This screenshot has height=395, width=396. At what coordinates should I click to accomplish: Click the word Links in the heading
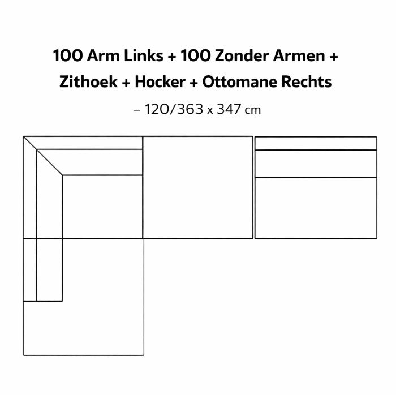pos(144,55)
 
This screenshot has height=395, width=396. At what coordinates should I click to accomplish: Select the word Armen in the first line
pos(299,55)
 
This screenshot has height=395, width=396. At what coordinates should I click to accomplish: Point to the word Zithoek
pos(88,82)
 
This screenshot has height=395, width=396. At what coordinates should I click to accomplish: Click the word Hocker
pos(160,82)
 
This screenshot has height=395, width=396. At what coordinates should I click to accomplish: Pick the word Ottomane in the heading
pos(240,82)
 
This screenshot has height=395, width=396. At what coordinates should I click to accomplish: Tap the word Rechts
pos(307,82)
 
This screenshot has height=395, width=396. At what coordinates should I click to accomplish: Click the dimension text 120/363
pos(174,109)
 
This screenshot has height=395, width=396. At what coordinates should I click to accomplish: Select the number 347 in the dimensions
pos(229,109)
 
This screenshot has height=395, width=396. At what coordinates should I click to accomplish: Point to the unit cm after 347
pos(253,110)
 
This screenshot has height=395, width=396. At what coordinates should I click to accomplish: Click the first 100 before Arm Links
pos(68,55)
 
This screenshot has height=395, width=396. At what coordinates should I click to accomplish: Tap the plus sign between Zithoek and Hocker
pos(126,83)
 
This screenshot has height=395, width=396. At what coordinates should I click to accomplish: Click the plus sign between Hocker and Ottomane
pos(193,83)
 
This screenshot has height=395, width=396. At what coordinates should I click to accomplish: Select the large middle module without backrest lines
pos(198,187)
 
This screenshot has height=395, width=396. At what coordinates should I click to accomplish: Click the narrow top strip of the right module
pos(316,143)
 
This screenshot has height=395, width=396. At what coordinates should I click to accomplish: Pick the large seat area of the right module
pos(316,208)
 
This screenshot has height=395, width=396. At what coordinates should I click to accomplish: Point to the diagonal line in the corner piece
pos(42,156)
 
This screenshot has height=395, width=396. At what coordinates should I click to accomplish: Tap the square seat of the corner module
pos(102,207)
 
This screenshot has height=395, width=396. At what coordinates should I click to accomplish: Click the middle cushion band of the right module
pos(316,164)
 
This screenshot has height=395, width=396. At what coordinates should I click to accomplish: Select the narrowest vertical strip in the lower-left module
pos(30,270)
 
